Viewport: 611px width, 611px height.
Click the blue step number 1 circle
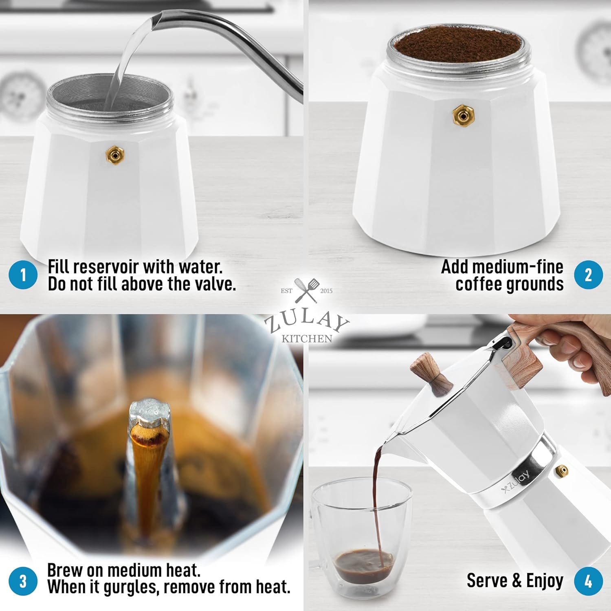click(x=23, y=275)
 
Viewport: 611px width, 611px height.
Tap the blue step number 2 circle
click(x=588, y=275)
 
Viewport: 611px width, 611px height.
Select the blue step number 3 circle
click(x=23, y=581)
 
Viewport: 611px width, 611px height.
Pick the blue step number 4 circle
click(x=588, y=581)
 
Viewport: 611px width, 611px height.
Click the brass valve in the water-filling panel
click(x=115, y=155)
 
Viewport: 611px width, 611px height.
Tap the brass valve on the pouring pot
click(x=562, y=471)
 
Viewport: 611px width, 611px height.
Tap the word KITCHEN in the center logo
click(x=307, y=338)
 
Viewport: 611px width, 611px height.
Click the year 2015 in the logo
click(x=326, y=291)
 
